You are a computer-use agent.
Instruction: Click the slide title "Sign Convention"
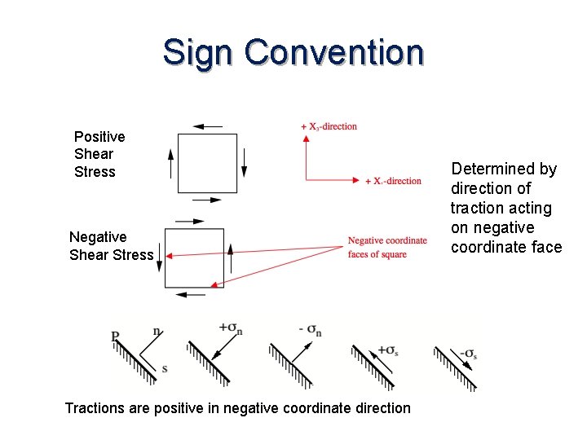pos(293,52)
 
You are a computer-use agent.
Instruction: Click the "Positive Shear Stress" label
pos(99,154)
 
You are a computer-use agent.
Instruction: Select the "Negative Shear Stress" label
pos(111,245)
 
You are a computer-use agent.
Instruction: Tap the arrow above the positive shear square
pos(208,126)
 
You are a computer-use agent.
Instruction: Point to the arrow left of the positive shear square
pos(170,163)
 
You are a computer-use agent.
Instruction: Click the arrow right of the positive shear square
pos(243,163)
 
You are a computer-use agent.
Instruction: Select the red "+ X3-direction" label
pos(329,126)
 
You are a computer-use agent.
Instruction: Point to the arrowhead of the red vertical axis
pos(306,139)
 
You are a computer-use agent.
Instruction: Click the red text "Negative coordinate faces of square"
pos(387,247)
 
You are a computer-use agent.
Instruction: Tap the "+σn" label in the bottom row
pos(230,329)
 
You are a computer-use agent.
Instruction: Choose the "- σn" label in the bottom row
pos(311,329)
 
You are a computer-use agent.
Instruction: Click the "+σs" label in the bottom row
pos(388,352)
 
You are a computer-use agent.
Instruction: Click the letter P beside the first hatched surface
pos(116,335)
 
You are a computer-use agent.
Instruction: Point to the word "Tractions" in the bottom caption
pos(95,407)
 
